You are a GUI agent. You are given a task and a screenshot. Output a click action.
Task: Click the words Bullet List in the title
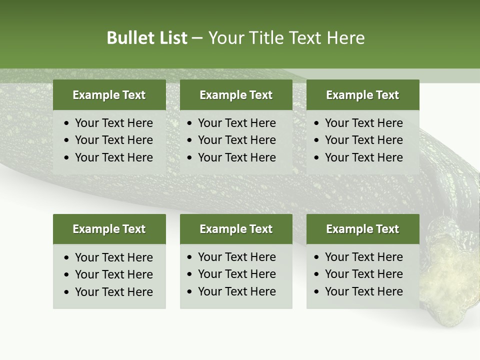147,38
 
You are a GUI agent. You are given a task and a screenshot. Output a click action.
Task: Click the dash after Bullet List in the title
197,38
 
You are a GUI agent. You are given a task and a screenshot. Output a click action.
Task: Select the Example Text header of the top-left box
109,95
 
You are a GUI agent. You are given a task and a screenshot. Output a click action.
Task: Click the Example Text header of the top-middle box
236,95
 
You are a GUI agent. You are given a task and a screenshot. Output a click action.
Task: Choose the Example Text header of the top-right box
362,95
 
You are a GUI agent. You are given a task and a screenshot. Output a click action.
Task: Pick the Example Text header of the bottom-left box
109,229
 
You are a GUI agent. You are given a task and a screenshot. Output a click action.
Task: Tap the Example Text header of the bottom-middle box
236,229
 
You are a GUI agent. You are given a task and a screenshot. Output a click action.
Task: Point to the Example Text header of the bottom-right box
362,229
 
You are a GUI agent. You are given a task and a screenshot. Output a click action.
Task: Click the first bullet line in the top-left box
113,123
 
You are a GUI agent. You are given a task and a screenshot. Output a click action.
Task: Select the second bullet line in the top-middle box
236,140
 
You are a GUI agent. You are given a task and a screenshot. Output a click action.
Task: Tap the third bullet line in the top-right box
363,157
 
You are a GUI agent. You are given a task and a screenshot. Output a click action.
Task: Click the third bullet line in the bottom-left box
113,292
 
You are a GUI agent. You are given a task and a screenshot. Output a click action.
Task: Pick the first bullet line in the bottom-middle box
236,257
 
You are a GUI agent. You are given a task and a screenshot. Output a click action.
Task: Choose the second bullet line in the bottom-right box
363,274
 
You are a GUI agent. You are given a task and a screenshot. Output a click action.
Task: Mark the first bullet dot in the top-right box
317,123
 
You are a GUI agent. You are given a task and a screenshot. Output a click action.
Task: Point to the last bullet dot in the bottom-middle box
190,292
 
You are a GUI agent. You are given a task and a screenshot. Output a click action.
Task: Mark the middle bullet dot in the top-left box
67,140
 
